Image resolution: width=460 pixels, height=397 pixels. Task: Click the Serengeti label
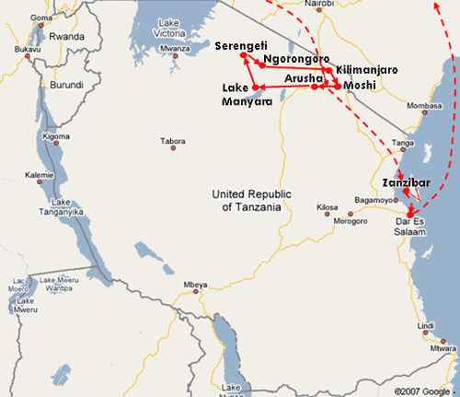242,45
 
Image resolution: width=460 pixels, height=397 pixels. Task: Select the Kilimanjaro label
367,70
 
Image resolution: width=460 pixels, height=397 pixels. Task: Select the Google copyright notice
422,391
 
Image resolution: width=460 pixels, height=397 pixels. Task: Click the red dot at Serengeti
244,56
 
